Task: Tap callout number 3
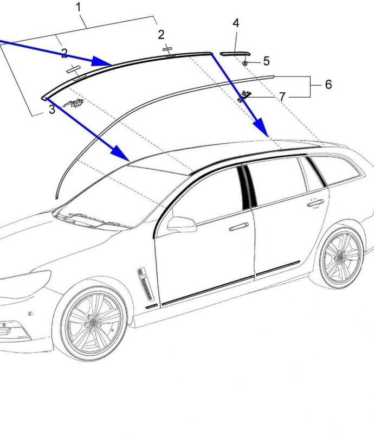(x=51, y=110)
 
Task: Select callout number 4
(x=236, y=23)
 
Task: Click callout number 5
(x=266, y=61)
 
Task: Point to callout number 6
(x=328, y=85)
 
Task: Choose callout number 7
(x=282, y=97)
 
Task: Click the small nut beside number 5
(x=246, y=63)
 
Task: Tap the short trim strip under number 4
(x=235, y=53)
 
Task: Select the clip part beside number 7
(x=243, y=96)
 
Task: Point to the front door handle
(x=239, y=226)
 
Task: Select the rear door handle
(x=315, y=203)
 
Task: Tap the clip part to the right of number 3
(x=74, y=103)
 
